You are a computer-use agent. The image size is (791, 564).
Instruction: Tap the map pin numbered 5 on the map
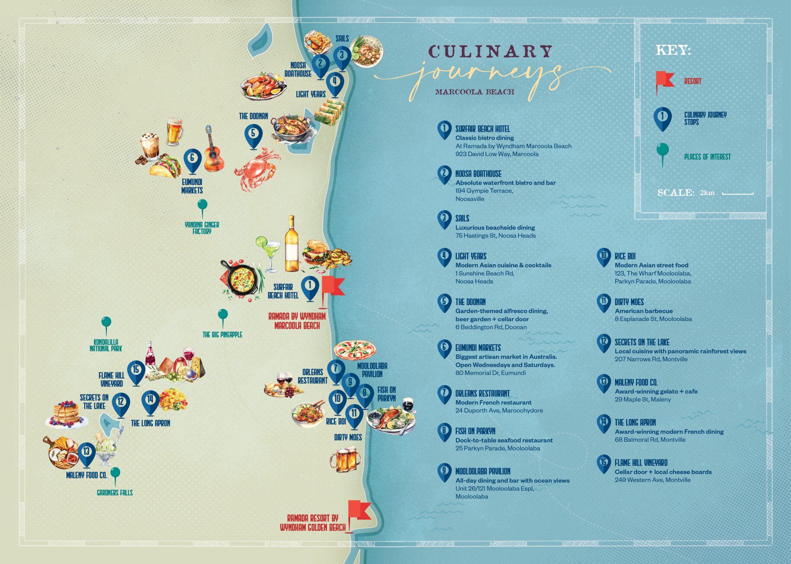[253, 135]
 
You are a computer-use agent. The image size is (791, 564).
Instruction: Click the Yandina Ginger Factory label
[202, 228]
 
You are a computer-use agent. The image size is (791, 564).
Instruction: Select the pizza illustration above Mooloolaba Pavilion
[355, 350]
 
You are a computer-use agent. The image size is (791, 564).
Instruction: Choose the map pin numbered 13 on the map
[87, 453]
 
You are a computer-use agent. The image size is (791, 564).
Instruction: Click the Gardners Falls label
[115, 493]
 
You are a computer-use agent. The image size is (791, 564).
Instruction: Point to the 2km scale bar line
[738, 193]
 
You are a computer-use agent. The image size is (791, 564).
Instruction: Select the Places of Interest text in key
[707, 157]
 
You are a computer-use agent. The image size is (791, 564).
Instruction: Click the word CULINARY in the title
[490, 52]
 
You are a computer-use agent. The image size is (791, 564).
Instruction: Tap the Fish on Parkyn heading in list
[475, 431]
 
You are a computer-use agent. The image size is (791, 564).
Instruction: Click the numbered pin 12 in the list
[603, 342]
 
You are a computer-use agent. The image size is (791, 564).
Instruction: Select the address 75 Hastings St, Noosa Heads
[496, 236]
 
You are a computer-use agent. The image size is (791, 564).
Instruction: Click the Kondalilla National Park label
[106, 345]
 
